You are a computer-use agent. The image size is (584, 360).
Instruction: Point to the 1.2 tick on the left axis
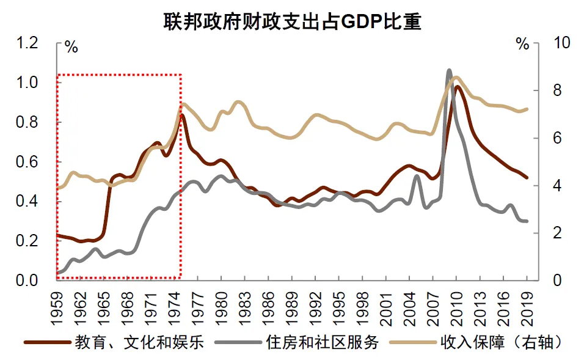point(28,43)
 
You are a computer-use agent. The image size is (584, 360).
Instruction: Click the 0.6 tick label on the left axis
point(28,162)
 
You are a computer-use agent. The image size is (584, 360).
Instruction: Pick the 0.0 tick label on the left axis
point(28,281)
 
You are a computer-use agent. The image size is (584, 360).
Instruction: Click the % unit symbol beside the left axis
point(71,48)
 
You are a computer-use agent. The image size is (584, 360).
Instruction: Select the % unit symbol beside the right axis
point(522,44)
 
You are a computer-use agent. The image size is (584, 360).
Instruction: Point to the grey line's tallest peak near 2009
point(449,71)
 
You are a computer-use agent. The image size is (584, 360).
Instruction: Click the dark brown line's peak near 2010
point(457,87)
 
